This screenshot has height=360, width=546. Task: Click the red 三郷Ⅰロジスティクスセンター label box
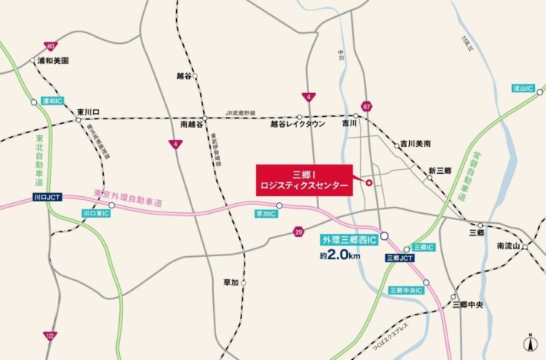[x=305, y=180]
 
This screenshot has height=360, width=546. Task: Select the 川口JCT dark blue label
[x=47, y=198]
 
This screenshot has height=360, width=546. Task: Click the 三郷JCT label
[x=400, y=258]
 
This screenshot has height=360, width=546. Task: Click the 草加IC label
[x=265, y=213]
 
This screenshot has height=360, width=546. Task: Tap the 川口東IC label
[x=97, y=213]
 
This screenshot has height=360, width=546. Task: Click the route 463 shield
[x=50, y=46]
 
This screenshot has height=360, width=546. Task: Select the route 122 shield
[x=50, y=335]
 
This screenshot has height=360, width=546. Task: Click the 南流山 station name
[x=509, y=246]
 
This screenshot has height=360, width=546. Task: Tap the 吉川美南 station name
[x=416, y=144]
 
